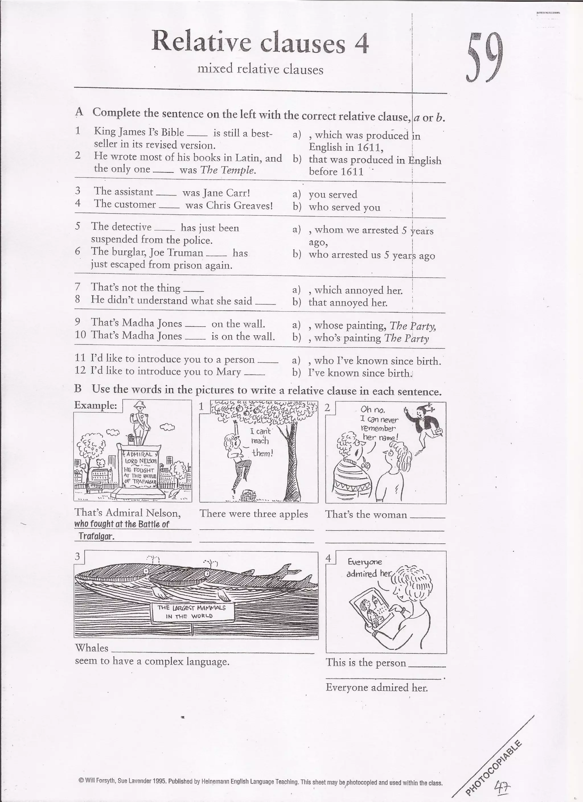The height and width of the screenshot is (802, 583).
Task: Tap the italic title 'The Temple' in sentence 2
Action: pos(227,170)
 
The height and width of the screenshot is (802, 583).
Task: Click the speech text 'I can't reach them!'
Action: pos(261,442)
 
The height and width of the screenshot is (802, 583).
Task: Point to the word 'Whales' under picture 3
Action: pos(92,648)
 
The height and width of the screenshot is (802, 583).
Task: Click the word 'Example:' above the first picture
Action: pos(96,405)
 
